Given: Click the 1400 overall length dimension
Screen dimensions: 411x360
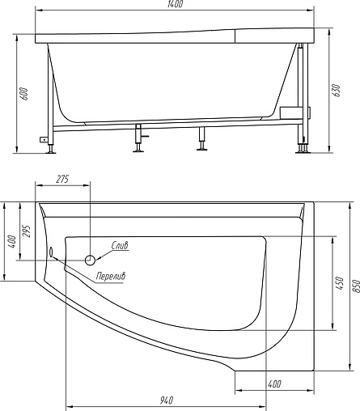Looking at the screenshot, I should tap(176, 6).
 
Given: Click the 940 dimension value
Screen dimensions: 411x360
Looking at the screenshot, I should tap(167, 400).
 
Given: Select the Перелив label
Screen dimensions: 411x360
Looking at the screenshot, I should tap(109, 277).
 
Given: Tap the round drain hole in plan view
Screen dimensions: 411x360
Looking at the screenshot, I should tap(91, 260).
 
